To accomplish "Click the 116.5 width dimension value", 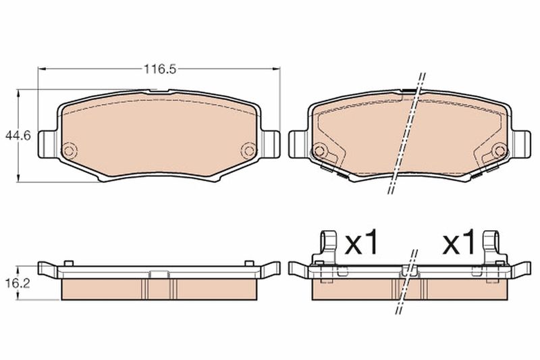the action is [x=160, y=70].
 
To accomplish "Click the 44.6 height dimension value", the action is [x=18, y=135].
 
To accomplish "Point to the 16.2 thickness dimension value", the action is [x=18, y=284].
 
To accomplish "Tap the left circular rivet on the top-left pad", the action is [x=69, y=151].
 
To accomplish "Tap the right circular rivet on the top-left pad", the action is [x=248, y=150].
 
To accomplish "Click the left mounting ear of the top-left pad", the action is [x=47, y=144].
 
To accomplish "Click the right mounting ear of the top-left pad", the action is [x=271, y=144].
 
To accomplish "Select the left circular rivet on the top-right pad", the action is [x=319, y=151].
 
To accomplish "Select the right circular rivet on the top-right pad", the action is [x=499, y=151].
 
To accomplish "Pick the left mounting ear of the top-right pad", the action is [x=298, y=144].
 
